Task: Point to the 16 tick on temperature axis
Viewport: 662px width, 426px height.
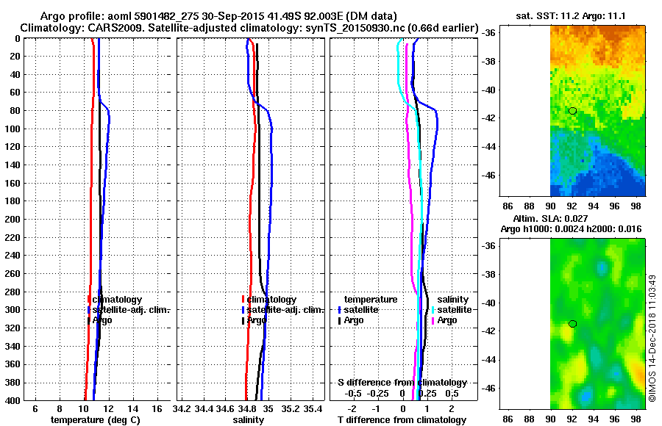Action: [x=157, y=408]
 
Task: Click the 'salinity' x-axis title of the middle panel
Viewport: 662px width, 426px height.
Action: [x=249, y=420]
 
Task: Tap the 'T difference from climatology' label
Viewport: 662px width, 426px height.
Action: [x=402, y=420]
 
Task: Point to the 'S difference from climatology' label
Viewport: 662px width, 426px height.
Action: [x=402, y=383]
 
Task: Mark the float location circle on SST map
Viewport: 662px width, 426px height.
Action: [x=572, y=111]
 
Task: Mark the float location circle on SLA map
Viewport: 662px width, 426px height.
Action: [x=572, y=323]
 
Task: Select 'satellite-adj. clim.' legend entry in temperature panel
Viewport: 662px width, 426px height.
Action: [x=131, y=310]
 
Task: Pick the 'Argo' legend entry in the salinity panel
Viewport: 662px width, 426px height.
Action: [x=257, y=321]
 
